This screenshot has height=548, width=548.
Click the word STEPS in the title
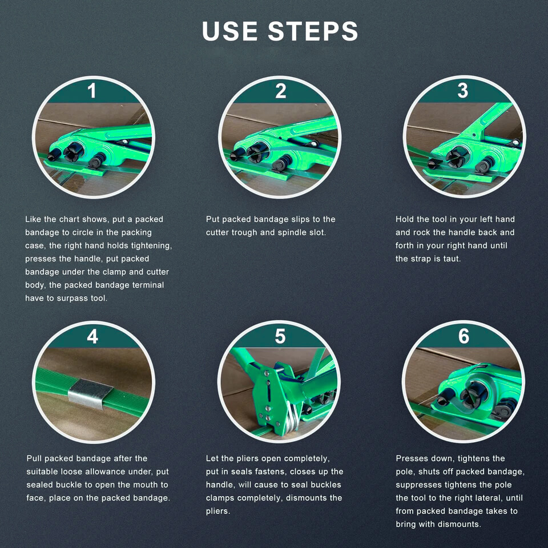pos(313,31)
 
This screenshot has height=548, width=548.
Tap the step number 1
pos(92,91)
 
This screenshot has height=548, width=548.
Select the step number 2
pos(280,91)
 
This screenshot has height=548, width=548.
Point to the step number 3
pos(463,91)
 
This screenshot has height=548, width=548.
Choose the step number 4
pos(92,337)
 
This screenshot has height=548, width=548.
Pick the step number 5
pos(280,336)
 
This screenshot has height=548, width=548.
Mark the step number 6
pos(464,336)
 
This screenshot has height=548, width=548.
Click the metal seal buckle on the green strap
pos(90,393)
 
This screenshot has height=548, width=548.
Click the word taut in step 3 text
pos(452,259)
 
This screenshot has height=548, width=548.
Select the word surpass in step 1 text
pos(72,299)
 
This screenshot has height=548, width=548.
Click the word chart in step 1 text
pos(69,219)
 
